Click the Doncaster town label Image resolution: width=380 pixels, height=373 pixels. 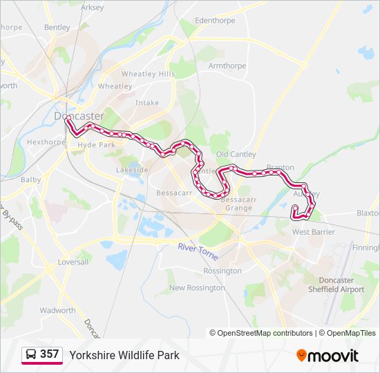[x=79, y=116]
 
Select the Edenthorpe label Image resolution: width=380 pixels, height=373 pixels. [x=215, y=21]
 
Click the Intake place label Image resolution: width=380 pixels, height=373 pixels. [x=147, y=103]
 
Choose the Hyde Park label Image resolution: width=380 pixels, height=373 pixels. [x=97, y=145]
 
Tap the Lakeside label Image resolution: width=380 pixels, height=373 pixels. [x=132, y=169]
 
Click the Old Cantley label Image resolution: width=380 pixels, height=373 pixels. [x=236, y=154]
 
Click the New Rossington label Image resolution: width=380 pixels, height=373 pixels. [x=196, y=287]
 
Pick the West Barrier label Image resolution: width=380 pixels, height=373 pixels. [x=313, y=232]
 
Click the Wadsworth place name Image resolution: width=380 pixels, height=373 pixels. [x=57, y=311]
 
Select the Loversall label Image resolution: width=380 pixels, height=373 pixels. [x=74, y=262]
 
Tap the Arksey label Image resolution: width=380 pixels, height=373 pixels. [x=92, y=8]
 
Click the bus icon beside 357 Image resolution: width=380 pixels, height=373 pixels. [x=30, y=355]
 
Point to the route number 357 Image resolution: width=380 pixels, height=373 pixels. [x=49, y=354]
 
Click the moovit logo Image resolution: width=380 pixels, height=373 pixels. [x=327, y=356]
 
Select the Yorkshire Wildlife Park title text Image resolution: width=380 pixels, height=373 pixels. [x=124, y=355]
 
